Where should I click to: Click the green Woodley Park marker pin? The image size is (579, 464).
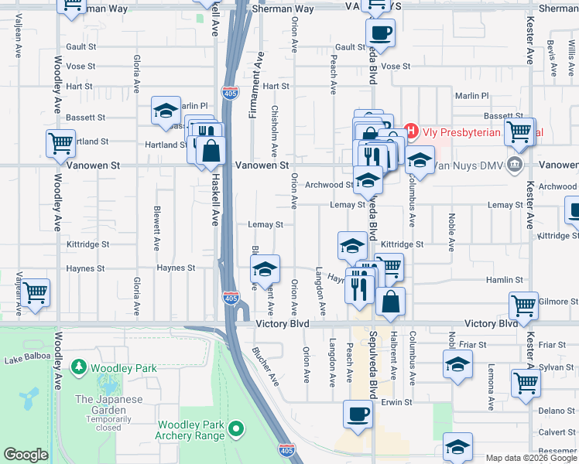[x=78, y=367]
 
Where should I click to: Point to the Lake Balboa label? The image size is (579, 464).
[x=26, y=356]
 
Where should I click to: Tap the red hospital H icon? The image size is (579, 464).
[x=411, y=132]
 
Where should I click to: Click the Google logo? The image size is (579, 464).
[x=26, y=455]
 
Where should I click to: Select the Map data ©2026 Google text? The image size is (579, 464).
[x=530, y=458]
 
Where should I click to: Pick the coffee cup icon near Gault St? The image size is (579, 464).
[x=379, y=34]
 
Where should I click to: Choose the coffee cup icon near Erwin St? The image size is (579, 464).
[x=357, y=414]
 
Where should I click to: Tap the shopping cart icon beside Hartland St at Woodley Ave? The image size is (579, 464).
[x=60, y=143]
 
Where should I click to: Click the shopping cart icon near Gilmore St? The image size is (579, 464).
[x=523, y=305]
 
